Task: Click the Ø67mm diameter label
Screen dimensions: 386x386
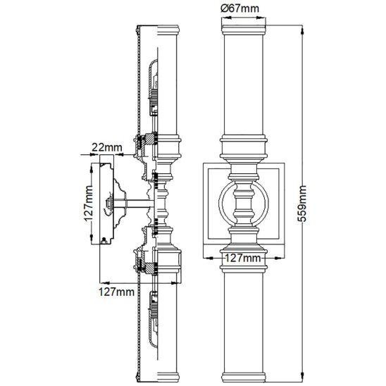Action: (x=240, y=9)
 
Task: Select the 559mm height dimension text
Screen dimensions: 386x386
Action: (x=302, y=204)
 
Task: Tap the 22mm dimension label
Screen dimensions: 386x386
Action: (x=107, y=147)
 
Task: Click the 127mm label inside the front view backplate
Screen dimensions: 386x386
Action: (x=243, y=258)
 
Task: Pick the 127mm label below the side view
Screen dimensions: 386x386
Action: (x=116, y=292)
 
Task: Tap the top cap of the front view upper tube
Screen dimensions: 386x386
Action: (x=244, y=30)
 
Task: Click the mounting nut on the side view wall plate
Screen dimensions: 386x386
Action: (x=108, y=204)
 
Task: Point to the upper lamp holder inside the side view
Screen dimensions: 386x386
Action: (x=154, y=88)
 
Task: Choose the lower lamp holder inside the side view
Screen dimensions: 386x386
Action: (x=154, y=319)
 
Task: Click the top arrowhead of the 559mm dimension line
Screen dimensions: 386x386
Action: (x=302, y=30)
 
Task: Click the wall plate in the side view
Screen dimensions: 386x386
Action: (x=106, y=199)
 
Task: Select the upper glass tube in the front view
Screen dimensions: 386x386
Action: (x=244, y=85)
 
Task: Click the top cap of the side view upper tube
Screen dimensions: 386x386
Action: (x=168, y=30)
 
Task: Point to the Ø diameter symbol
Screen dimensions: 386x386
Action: (x=224, y=9)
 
